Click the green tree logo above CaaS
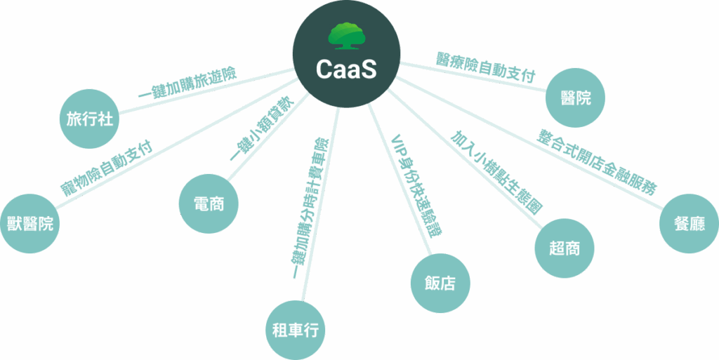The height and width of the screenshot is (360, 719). click(x=346, y=36)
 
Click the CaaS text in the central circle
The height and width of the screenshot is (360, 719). click(x=346, y=70)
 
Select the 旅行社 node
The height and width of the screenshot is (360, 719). click(x=90, y=119)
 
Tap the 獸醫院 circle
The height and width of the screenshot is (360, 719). click(x=29, y=224)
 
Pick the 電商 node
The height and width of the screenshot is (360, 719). click(x=209, y=204)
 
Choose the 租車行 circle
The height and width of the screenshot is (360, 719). click(x=296, y=331)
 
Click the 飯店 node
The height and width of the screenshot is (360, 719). click(x=441, y=283)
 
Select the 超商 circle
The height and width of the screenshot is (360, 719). click(x=565, y=248)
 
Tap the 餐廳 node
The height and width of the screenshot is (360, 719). click(x=690, y=224)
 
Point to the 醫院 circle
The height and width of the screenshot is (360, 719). click(x=576, y=98)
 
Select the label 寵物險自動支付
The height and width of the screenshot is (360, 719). click(x=107, y=168)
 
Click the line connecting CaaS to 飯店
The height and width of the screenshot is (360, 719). click(x=400, y=179)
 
